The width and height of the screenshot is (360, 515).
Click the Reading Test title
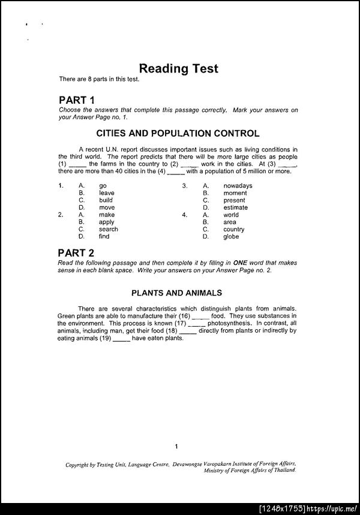click(x=178, y=68)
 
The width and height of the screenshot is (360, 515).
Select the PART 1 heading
click(x=76, y=100)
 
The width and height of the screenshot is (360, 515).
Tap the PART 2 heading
click(x=76, y=252)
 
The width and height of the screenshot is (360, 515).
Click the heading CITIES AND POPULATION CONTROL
click(x=178, y=133)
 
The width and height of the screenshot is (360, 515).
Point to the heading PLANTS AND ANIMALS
click(x=177, y=293)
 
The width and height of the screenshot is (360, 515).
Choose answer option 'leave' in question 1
click(x=106, y=193)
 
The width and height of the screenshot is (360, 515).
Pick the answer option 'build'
click(x=106, y=200)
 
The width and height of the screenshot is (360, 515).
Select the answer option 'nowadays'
click(x=238, y=186)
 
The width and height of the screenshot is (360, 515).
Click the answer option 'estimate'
click(x=235, y=207)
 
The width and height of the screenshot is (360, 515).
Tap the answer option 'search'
click(x=108, y=229)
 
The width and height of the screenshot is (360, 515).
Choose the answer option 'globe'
click(x=231, y=236)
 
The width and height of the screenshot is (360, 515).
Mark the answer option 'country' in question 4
click(x=233, y=229)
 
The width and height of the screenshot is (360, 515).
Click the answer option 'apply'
click(x=106, y=222)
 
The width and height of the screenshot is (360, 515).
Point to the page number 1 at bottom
click(x=176, y=446)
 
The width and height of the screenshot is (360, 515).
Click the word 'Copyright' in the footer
click(x=77, y=464)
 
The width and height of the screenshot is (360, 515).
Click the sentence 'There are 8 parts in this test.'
click(x=99, y=79)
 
